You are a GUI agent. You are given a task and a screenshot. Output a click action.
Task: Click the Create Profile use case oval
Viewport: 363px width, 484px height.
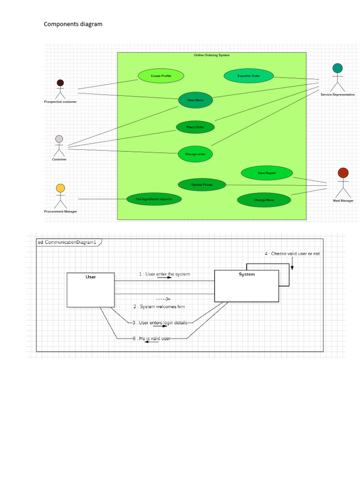(x=161, y=76)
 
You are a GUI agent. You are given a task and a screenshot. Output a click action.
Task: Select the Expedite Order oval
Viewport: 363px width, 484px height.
(x=249, y=76)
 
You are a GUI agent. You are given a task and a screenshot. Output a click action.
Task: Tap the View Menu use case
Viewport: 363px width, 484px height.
(x=195, y=100)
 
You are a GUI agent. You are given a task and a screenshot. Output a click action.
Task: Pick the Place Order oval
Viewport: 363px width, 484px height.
(x=195, y=127)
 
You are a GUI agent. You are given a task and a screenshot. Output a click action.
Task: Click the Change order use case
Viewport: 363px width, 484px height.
(x=195, y=154)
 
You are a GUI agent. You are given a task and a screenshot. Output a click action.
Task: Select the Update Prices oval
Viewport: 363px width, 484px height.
(x=202, y=185)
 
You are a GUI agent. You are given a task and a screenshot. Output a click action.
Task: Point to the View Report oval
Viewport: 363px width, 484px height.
(x=267, y=173)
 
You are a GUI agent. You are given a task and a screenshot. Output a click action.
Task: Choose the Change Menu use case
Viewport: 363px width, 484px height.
(x=264, y=200)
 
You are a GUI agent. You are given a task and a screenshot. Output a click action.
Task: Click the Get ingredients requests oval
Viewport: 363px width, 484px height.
(x=154, y=199)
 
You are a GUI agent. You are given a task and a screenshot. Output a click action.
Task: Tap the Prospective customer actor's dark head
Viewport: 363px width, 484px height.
(x=60, y=83)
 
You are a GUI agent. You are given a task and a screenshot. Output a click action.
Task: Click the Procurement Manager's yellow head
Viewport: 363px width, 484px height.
(x=60, y=188)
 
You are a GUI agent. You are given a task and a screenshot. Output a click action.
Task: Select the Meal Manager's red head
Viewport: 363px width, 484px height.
(x=343, y=173)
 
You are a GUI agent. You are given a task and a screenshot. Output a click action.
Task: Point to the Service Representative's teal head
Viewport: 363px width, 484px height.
(x=337, y=68)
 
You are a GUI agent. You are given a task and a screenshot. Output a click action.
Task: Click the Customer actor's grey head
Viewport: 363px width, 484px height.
(x=59, y=139)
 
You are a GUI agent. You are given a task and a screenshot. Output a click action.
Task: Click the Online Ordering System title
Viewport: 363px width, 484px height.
(x=212, y=55)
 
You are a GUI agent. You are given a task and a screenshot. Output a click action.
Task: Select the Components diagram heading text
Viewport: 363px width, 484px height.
(x=73, y=24)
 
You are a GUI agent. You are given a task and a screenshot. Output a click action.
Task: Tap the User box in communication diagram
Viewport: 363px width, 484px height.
(x=91, y=290)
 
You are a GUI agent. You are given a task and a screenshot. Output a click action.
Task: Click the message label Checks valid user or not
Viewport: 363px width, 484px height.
(x=292, y=254)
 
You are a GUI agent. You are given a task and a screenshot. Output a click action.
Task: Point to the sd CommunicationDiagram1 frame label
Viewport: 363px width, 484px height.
(x=69, y=242)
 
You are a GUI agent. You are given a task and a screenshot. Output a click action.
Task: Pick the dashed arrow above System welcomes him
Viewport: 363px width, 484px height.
(x=163, y=299)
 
